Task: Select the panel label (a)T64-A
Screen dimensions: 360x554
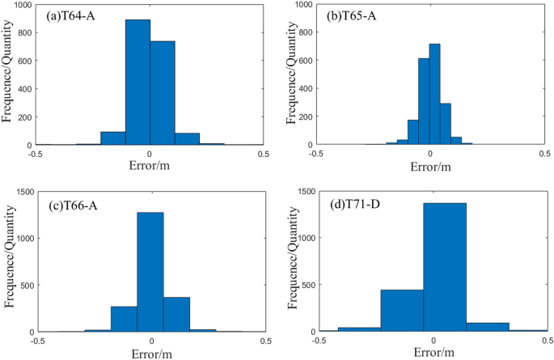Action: click(66, 15)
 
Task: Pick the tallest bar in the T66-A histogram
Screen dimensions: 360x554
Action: click(150, 272)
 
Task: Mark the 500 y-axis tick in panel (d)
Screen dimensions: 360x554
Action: click(307, 285)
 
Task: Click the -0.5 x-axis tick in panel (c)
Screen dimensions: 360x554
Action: click(37, 341)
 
